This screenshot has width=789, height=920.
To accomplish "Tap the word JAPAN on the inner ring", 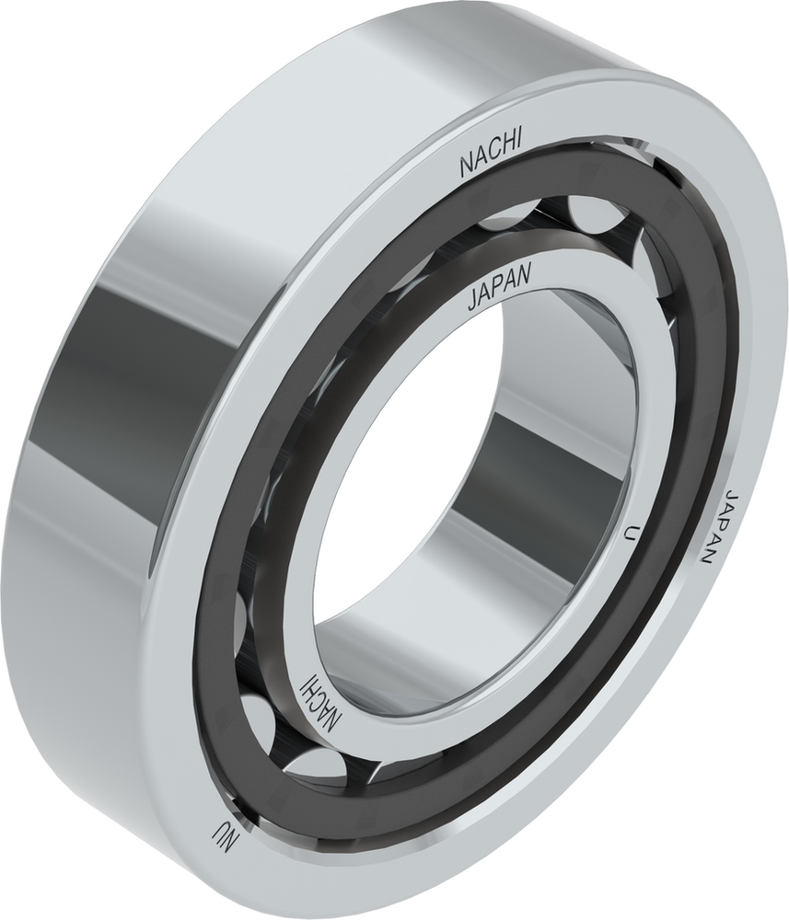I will click(x=498, y=293).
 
